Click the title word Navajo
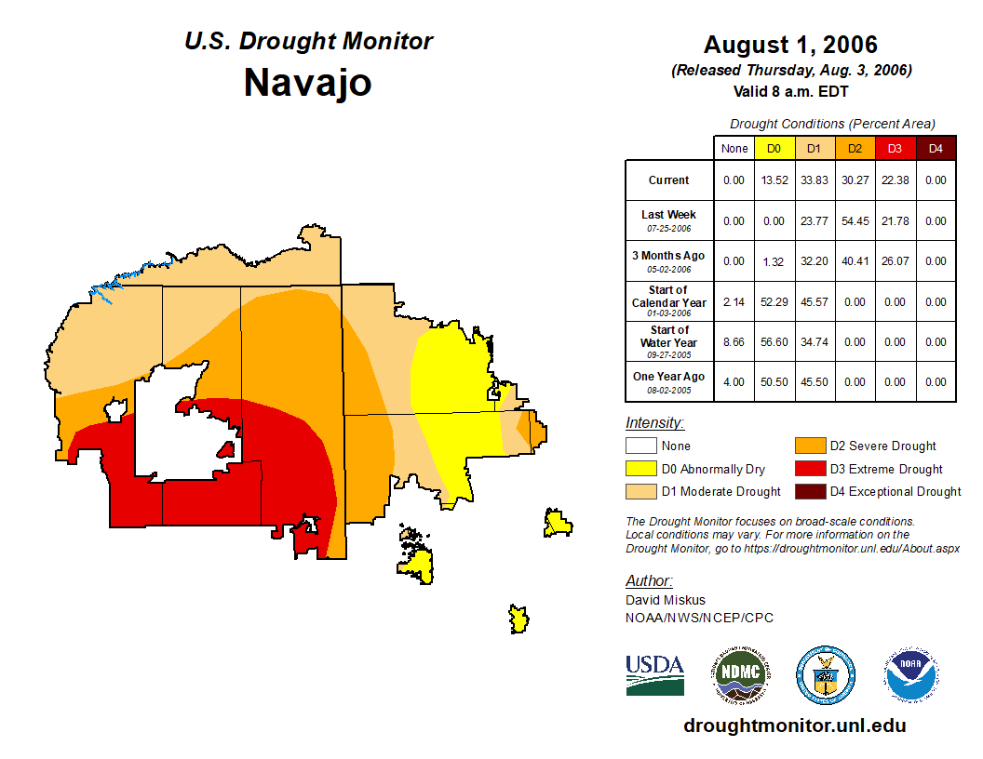pyautogui.click(x=307, y=83)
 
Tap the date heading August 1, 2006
pyautogui.click(x=790, y=45)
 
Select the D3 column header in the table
pyautogui.click(x=895, y=148)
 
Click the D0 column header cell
pyautogui.click(x=774, y=148)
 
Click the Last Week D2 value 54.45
pyautogui.click(x=855, y=221)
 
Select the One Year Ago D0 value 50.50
pyautogui.click(x=774, y=382)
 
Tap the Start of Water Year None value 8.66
pyautogui.click(x=734, y=342)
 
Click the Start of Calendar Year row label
pyautogui.click(x=669, y=301)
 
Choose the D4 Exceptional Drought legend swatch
pyautogui.click(x=808, y=491)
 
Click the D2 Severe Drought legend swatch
pyautogui.click(x=808, y=446)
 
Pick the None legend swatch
pyautogui.click(x=640, y=446)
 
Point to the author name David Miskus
pyautogui.click(x=666, y=600)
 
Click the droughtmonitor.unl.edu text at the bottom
pyautogui.click(x=794, y=726)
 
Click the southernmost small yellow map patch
pyautogui.click(x=518, y=619)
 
